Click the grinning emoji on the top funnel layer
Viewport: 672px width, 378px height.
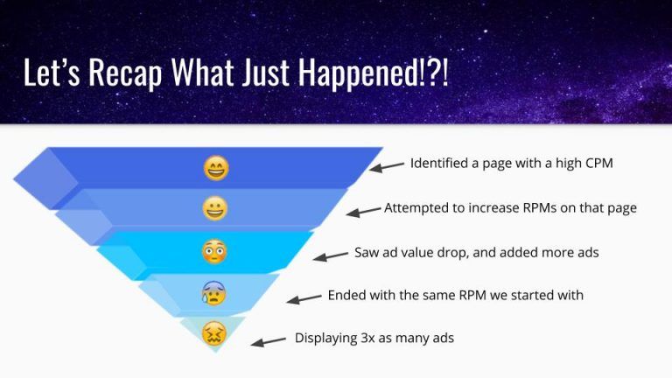coord(216,168)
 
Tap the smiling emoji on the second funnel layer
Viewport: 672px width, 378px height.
coord(214,209)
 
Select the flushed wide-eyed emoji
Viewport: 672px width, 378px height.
coord(214,252)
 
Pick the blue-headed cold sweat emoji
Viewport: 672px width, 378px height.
coord(213,293)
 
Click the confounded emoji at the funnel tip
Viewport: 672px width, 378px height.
coord(213,334)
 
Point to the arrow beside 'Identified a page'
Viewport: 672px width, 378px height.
coord(387,167)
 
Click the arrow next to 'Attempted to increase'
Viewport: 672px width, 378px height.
coord(363,211)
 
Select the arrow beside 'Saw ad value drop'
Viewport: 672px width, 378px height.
coord(331,255)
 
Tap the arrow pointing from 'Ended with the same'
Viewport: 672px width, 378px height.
coord(304,298)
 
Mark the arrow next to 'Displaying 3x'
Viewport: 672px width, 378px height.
coord(269,341)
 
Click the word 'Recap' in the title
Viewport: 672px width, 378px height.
coord(125,73)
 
